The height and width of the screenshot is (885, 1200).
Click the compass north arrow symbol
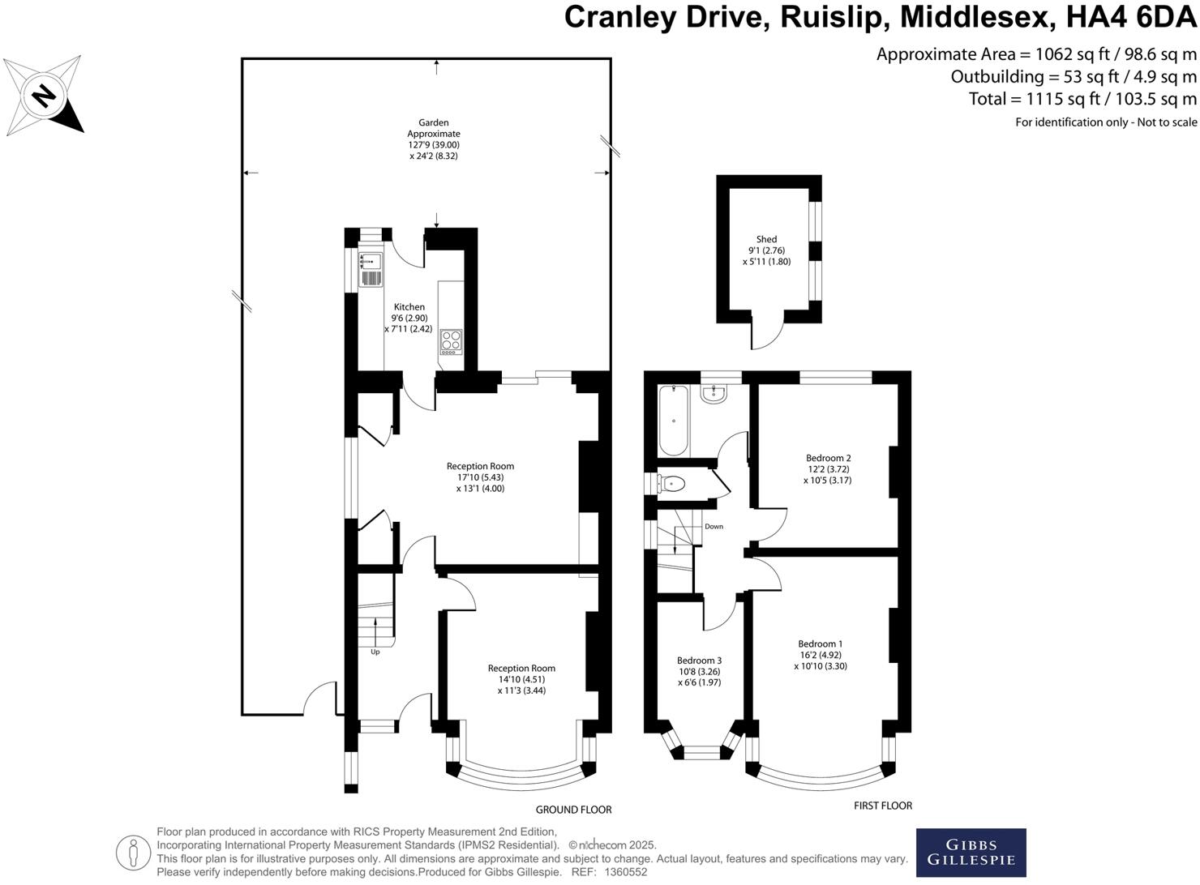tap(43, 96)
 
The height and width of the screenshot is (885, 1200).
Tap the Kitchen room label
tap(409, 307)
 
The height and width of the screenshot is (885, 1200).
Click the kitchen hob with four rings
tap(451, 341)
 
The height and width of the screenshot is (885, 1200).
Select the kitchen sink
tap(371, 261)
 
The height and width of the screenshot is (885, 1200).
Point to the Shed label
tap(766, 239)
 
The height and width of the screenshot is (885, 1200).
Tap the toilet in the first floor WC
tap(672, 484)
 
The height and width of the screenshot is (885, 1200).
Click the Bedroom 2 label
tap(828, 458)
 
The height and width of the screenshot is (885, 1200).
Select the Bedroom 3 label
tap(699, 661)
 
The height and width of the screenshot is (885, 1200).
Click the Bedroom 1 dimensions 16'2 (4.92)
tap(821, 655)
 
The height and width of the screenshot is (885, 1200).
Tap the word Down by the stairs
tap(714, 527)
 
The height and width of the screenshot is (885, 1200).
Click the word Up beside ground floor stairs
tap(375, 652)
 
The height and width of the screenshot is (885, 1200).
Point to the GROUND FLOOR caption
tap(573, 810)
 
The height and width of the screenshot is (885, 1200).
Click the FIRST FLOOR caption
tap(883, 806)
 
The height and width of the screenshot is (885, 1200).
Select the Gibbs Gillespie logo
tap(971, 853)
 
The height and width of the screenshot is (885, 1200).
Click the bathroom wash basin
tap(714, 395)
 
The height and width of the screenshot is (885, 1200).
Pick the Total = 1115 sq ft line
tap(1082, 99)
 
